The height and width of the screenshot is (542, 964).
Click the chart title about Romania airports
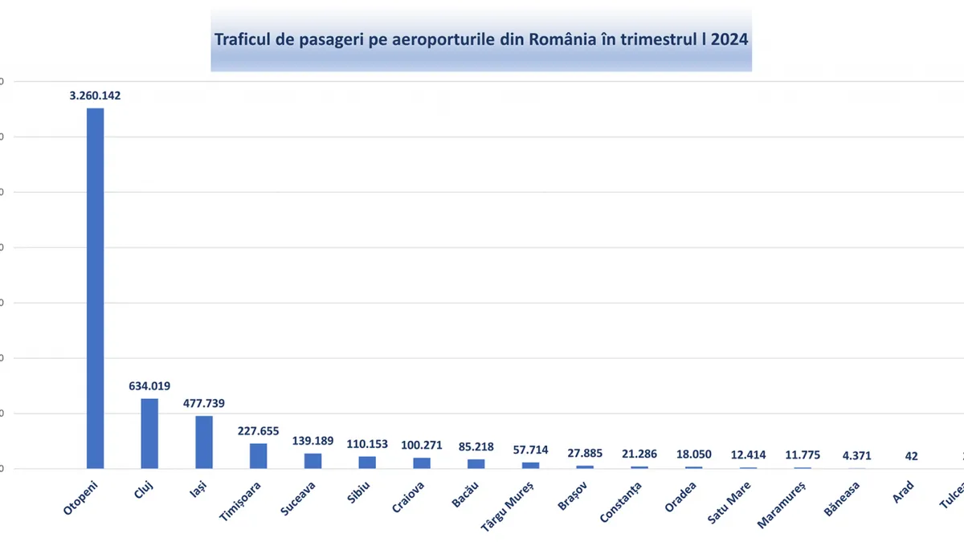(481, 39)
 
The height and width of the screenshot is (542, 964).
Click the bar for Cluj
(149, 433)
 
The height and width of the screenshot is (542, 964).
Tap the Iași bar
(204, 442)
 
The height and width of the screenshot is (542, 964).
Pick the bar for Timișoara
(258, 455)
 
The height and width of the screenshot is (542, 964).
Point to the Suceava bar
(312, 460)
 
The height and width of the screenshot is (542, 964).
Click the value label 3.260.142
(95, 95)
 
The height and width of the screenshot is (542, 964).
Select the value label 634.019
(149, 385)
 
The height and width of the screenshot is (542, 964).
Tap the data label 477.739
(204, 403)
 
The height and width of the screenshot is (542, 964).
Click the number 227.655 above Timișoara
(258, 430)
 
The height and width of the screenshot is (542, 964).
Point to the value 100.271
(422, 445)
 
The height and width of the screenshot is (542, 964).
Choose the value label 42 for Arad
(911, 456)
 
